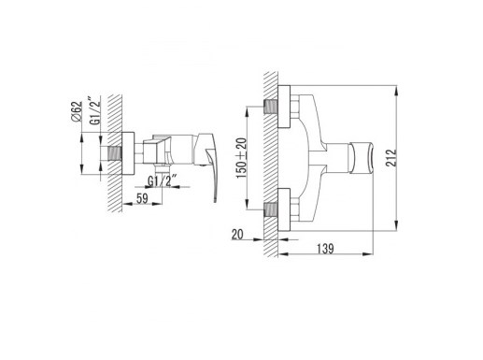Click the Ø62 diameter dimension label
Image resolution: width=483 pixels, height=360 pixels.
coord(77,111)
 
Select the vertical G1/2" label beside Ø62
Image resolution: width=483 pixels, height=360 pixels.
coord(96,110)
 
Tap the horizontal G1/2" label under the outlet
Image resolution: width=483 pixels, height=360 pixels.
coord(162,180)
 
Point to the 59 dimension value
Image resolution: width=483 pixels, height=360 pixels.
coord(142,198)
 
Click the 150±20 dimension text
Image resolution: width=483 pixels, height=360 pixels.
coord(242,158)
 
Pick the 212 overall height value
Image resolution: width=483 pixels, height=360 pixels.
coord(391,158)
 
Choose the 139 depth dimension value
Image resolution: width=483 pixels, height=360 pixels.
coord(325,249)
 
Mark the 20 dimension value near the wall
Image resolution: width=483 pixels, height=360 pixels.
coord(237,235)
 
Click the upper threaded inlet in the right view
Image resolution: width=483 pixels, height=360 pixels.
coord(271,107)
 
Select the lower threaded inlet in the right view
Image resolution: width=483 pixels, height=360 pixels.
coord(271,209)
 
